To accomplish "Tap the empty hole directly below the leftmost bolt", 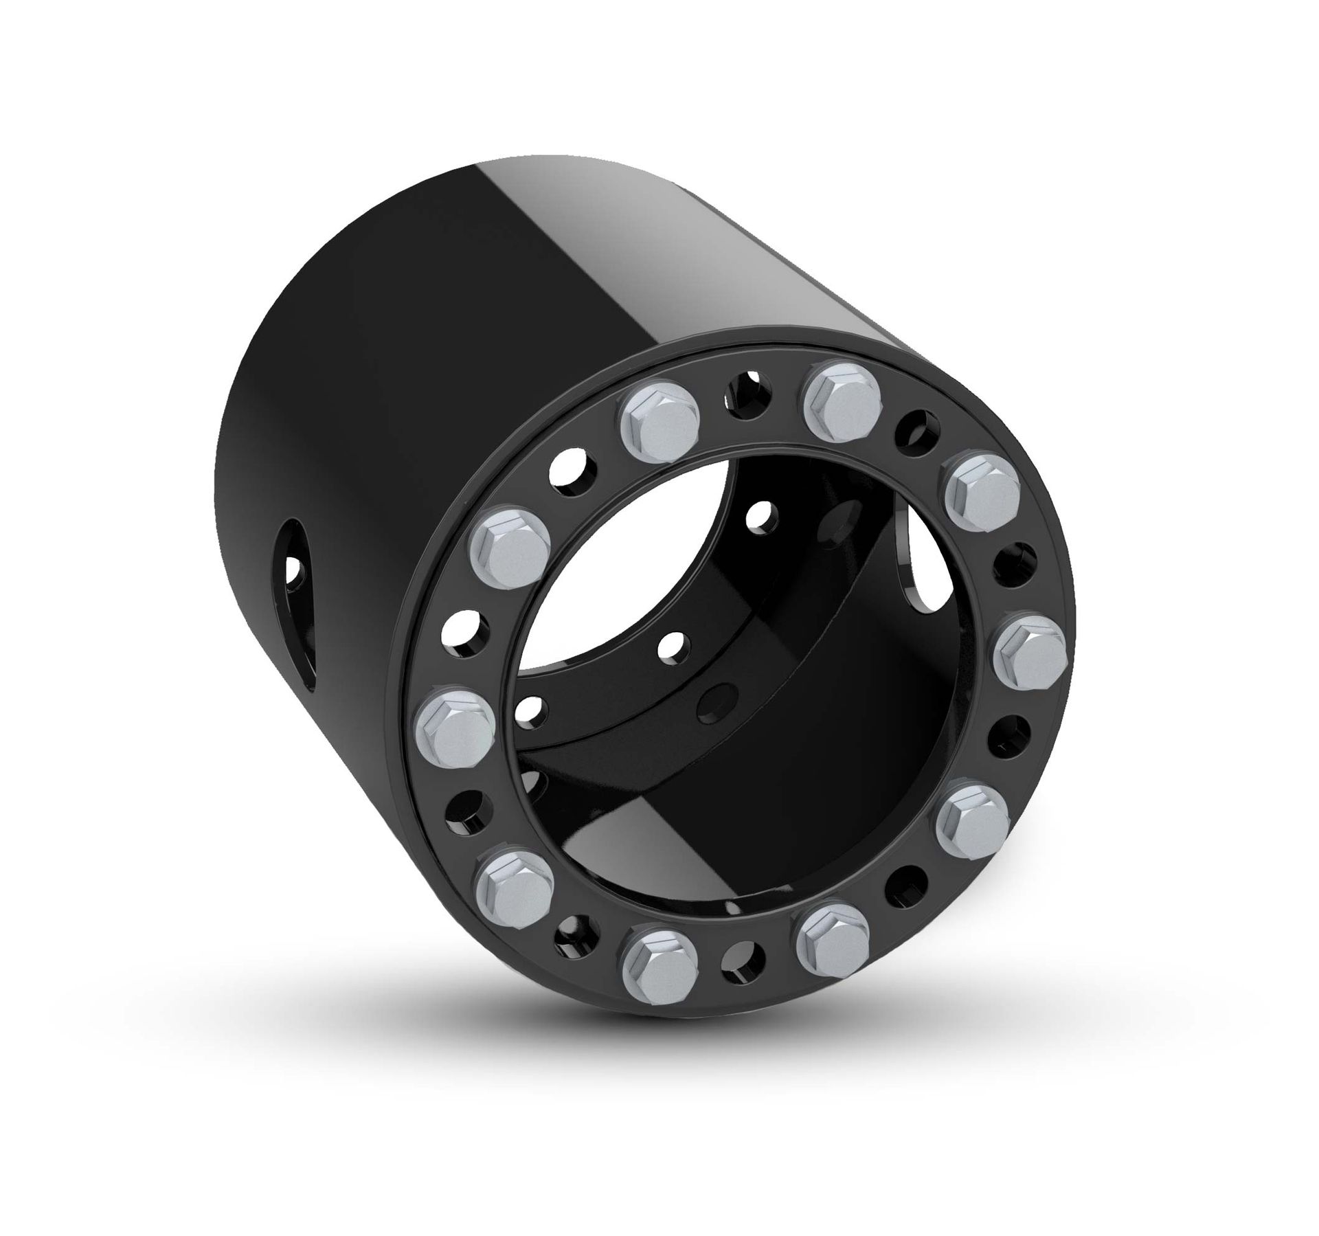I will click(466, 813).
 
